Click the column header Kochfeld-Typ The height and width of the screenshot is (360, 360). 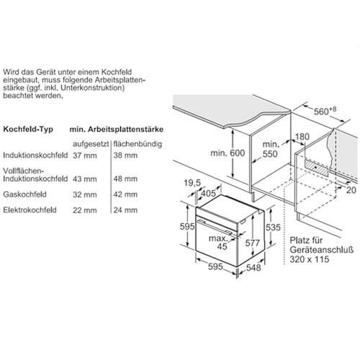click(x=28, y=129)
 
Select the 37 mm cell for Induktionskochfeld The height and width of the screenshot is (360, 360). click(x=85, y=156)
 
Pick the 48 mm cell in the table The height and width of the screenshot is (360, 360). click(x=125, y=179)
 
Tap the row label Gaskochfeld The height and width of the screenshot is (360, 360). click(x=24, y=194)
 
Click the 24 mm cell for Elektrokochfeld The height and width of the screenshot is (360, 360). click(x=125, y=210)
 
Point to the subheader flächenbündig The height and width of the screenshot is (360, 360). click(x=138, y=144)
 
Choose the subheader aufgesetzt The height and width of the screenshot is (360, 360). click(x=91, y=144)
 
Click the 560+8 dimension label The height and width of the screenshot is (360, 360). click(x=325, y=111)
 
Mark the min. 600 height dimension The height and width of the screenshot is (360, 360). click(x=228, y=153)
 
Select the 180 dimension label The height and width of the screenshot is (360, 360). click(x=302, y=137)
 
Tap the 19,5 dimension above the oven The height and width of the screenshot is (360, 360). click(x=192, y=183)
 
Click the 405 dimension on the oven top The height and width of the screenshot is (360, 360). click(x=208, y=193)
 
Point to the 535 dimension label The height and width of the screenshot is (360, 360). click(x=273, y=228)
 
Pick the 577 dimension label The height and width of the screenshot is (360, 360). click(x=253, y=243)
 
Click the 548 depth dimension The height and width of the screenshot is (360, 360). click(x=253, y=267)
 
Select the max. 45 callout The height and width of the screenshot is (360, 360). click(x=218, y=243)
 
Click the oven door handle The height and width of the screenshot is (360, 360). click(x=215, y=227)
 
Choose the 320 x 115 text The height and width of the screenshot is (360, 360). click(x=309, y=259)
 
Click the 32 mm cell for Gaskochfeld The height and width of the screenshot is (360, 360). click(x=85, y=194)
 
